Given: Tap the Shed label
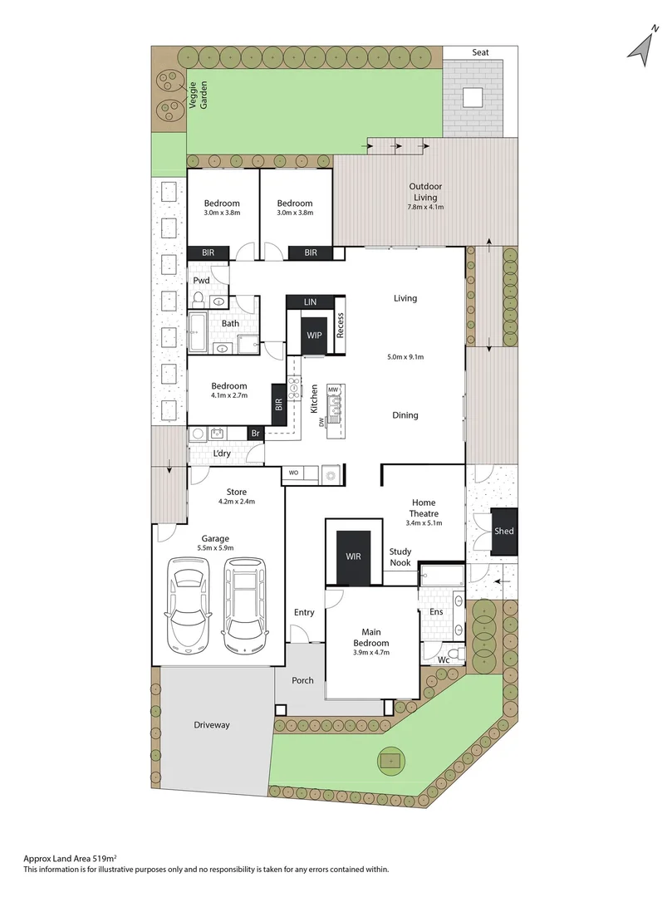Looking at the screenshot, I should [x=503, y=532].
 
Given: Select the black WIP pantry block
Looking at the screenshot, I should [x=314, y=335].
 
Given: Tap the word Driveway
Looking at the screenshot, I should [x=212, y=725].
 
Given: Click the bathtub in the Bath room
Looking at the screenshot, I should [x=198, y=333].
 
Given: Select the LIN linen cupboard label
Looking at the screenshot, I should [x=311, y=302].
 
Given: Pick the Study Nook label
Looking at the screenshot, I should [x=400, y=557].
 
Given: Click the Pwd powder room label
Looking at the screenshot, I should [x=201, y=281].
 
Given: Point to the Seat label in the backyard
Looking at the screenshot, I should [x=481, y=52].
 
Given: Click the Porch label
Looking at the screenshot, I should [x=303, y=681].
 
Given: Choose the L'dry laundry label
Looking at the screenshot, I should [x=222, y=453].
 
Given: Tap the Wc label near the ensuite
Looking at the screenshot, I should [x=444, y=659].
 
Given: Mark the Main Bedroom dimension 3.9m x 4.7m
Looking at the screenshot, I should [x=370, y=653].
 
